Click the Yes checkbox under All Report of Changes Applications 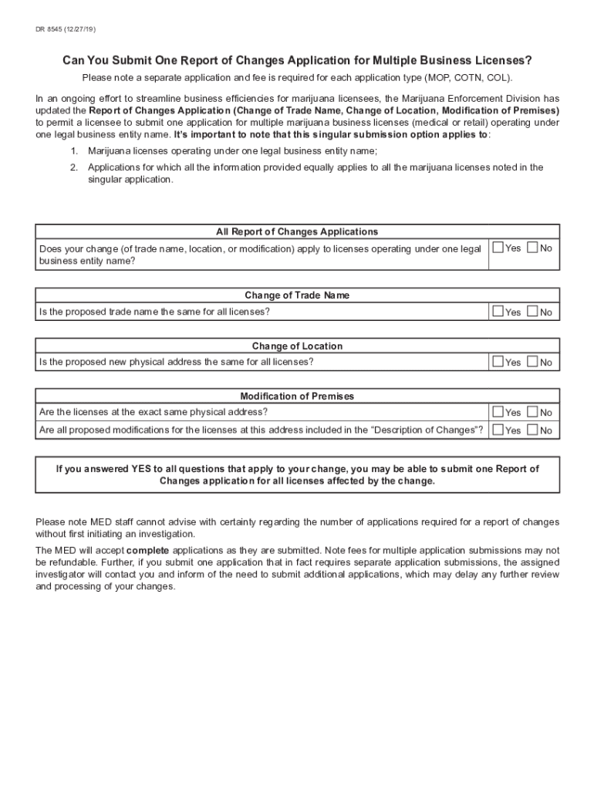498,248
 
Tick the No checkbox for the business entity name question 532,248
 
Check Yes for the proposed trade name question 498,312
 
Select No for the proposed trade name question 532,312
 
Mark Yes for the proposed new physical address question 498,362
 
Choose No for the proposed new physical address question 532,362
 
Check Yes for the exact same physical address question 498,412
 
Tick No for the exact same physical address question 532,412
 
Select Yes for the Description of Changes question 498,430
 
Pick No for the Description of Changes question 532,430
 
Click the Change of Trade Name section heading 297,295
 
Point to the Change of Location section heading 297,346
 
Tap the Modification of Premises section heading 297,396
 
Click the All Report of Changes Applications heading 297,231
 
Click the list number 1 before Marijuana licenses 73,150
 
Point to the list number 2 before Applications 73,167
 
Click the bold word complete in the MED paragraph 147,551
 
